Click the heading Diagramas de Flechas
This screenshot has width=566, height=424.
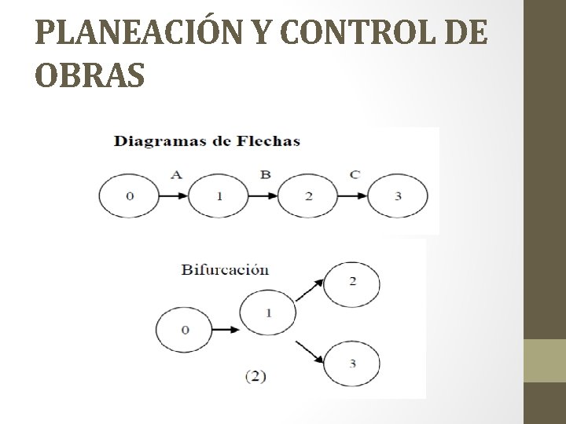(207, 141)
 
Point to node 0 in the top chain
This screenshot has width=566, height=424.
(129, 196)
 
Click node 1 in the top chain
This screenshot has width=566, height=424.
(219, 196)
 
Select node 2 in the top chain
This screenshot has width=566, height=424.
(308, 196)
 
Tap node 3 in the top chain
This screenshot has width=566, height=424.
(398, 196)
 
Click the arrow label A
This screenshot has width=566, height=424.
(176, 174)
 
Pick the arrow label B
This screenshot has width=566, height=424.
(266, 174)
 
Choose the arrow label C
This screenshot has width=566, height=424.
(355, 174)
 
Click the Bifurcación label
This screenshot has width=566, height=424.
(226, 269)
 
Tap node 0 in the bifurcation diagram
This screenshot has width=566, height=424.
(186, 330)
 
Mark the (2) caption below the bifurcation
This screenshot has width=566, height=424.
(255, 376)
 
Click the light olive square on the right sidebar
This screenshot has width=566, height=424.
(545, 361)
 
